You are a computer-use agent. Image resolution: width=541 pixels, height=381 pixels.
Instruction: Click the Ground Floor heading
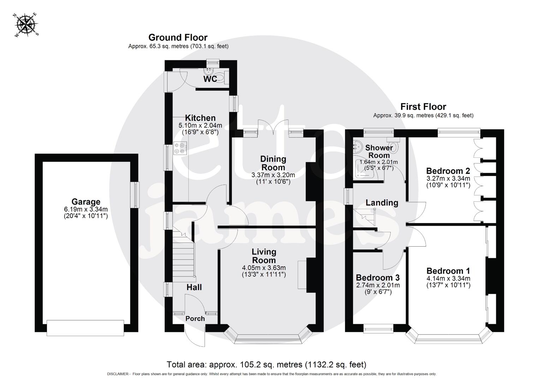[x=178, y=37]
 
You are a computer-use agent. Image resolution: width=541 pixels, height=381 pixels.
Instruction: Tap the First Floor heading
[x=423, y=107]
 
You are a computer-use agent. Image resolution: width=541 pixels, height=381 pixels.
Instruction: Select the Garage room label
[x=86, y=202]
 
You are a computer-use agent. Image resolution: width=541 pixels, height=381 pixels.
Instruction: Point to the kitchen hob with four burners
[x=180, y=148]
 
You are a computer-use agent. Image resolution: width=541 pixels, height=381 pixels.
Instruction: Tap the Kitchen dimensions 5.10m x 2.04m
[x=200, y=125]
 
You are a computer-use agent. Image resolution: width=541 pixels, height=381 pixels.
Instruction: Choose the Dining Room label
[x=273, y=163]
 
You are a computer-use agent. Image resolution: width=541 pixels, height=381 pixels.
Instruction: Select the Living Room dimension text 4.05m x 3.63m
[x=264, y=268]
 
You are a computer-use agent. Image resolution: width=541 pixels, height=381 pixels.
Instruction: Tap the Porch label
[x=195, y=319]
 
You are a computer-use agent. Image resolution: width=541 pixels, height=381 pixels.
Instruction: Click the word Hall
[x=194, y=287]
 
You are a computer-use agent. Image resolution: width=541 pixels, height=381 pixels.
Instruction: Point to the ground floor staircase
[x=184, y=256]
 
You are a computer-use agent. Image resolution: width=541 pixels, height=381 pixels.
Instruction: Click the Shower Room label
[x=379, y=151]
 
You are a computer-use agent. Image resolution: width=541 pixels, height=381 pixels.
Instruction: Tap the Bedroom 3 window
[x=379, y=329]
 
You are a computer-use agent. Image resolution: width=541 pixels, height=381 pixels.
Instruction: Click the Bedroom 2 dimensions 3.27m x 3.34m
[x=448, y=179]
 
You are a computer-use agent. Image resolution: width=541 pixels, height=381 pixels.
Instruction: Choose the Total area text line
[x=266, y=364]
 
